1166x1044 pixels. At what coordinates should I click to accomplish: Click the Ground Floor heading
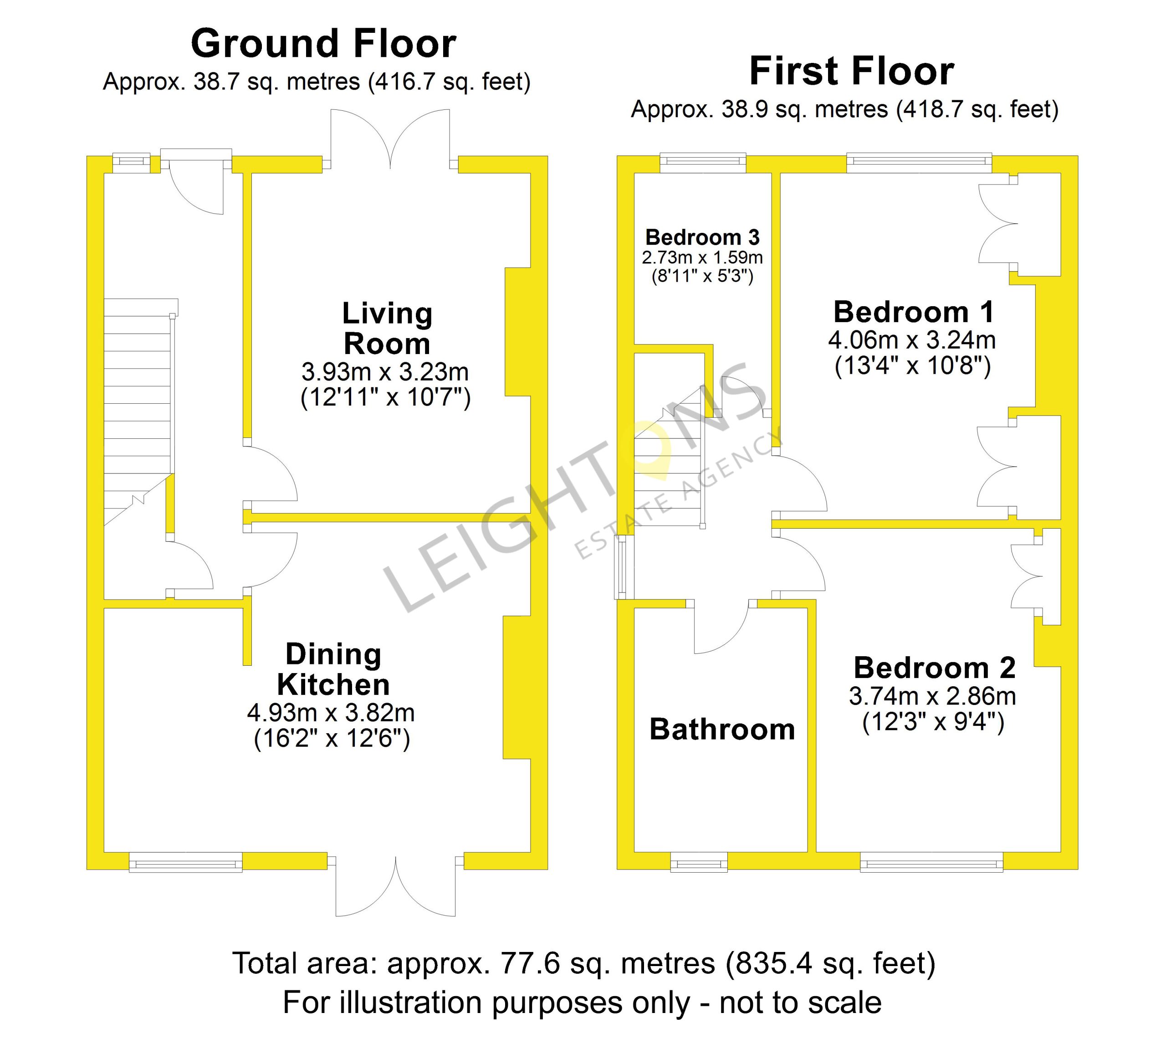click(323, 44)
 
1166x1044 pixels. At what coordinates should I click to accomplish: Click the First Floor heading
click(851, 71)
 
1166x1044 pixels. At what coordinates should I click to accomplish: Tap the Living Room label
click(387, 329)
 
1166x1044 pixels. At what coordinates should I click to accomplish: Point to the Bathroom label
click(722, 730)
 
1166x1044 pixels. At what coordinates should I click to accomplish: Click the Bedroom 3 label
click(702, 237)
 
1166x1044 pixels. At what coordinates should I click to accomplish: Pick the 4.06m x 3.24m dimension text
click(911, 340)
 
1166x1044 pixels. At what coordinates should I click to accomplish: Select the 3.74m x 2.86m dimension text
click(932, 696)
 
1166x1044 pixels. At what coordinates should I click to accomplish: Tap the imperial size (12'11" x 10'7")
click(385, 397)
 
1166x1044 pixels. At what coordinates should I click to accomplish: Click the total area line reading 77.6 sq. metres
click(583, 963)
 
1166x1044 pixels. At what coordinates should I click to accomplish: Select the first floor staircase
click(669, 456)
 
